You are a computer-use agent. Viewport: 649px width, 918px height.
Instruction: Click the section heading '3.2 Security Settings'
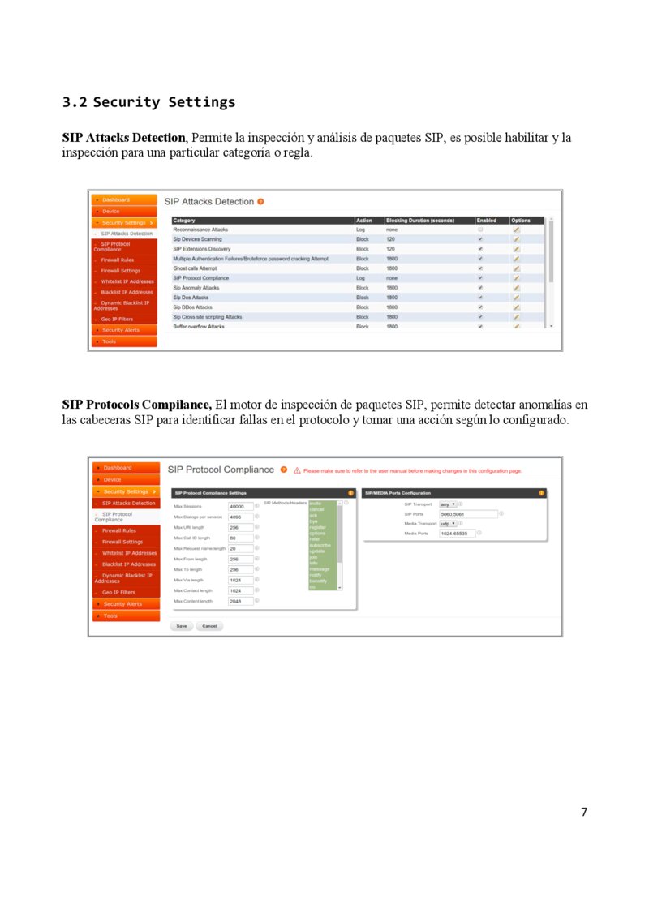pyautogui.click(x=148, y=102)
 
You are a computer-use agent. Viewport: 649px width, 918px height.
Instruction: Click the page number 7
pyautogui.click(x=584, y=812)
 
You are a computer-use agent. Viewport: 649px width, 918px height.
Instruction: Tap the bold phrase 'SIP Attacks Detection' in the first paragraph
pyautogui.click(x=124, y=138)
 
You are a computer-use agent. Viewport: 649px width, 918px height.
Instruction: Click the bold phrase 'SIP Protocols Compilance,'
pyautogui.click(x=137, y=405)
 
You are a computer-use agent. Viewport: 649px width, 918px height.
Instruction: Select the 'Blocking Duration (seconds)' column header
pyautogui.click(x=420, y=221)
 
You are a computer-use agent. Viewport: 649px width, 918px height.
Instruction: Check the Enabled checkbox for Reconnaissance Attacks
pyautogui.click(x=480, y=229)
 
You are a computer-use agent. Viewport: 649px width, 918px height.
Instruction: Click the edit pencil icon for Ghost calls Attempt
pyautogui.click(x=517, y=268)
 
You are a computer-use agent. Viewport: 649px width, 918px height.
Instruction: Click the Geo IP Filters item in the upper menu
pyautogui.click(x=117, y=319)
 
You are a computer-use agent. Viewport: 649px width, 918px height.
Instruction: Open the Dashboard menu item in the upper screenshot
pyautogui.click(x=115, y=199)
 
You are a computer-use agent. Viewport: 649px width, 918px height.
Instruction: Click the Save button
pyautogui.click(x=182, y=626)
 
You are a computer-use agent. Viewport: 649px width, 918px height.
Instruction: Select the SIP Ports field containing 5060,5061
pyautogui.click(x=467, y=513)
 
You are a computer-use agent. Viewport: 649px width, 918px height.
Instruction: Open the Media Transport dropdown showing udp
pyautogui.click(x=448, y=523)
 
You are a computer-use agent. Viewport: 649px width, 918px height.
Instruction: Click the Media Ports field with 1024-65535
pyautogui.click(x=457, y=533)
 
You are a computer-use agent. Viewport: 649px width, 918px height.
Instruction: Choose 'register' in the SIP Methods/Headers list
pyautogui.click(x=317, y=527)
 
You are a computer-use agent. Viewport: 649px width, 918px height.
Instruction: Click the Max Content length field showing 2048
pyautogui.click(x=240, y=601)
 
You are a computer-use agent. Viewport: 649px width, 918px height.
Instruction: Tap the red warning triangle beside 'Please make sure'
pyautogui.click(x=297, y=470)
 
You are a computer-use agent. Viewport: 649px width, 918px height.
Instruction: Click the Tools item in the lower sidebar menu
pyautogui.click(x=110, y=616)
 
